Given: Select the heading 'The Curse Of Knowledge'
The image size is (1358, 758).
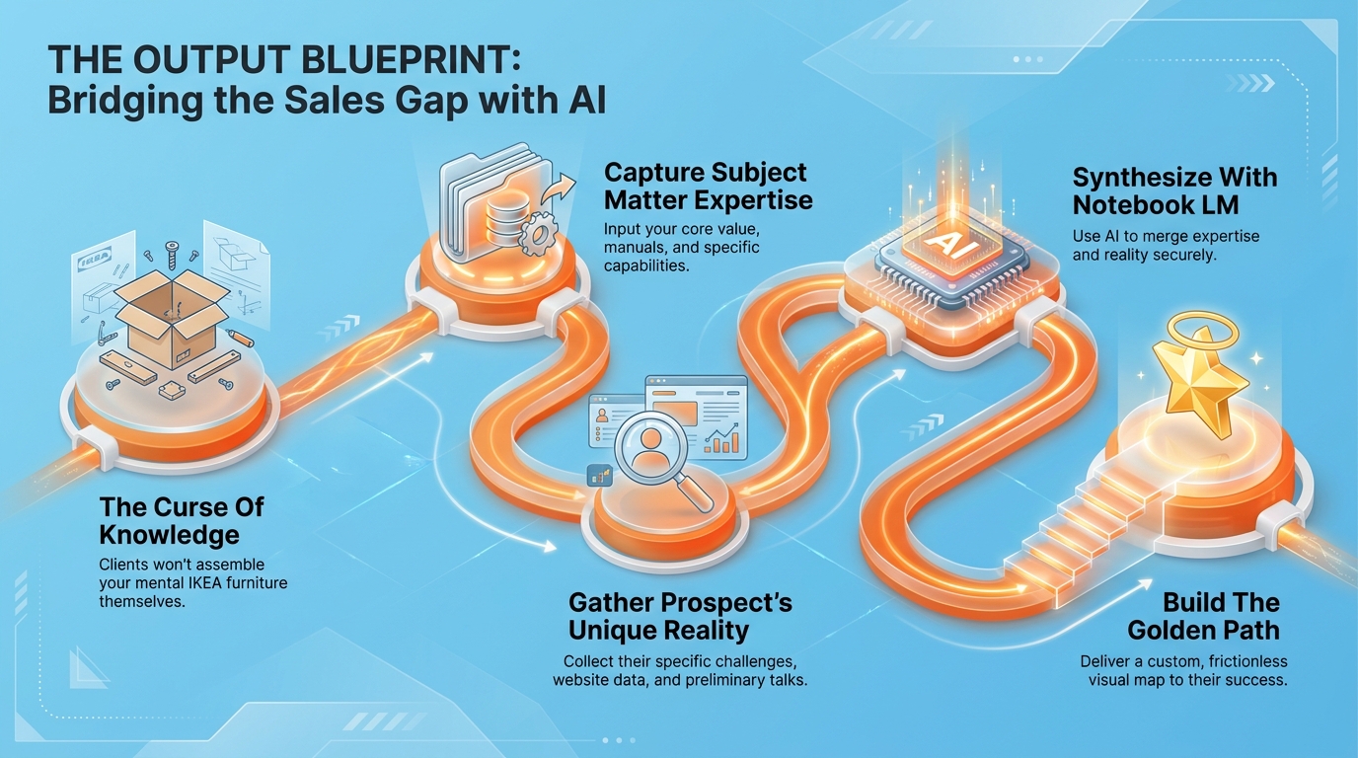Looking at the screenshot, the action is coord(182,521).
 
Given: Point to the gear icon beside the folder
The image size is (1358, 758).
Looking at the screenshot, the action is coord(537,234).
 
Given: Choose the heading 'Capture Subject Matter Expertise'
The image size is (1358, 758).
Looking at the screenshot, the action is coord(708,187).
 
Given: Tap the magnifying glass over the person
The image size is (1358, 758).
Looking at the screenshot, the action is coord(657,456).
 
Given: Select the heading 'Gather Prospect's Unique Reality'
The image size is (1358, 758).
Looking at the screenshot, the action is coord(680,617).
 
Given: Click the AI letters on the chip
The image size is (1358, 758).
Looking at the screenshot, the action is coord(951,245).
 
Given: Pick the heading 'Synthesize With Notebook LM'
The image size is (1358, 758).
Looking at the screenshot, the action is coord(1174,191).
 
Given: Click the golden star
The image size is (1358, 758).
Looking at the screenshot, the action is coord(1200,382).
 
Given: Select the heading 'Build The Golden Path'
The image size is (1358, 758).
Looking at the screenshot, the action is coord(1203,617).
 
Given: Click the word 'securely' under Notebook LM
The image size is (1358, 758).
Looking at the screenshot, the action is coord(1182,256).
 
